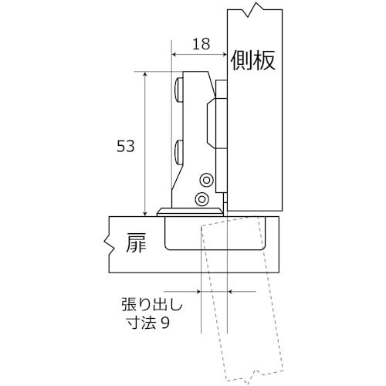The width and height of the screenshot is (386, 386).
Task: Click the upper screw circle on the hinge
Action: (x=205, y=179)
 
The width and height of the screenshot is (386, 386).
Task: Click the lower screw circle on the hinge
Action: (x=202, y=200)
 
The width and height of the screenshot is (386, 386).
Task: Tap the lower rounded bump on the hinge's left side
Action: (x=179, y=149)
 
